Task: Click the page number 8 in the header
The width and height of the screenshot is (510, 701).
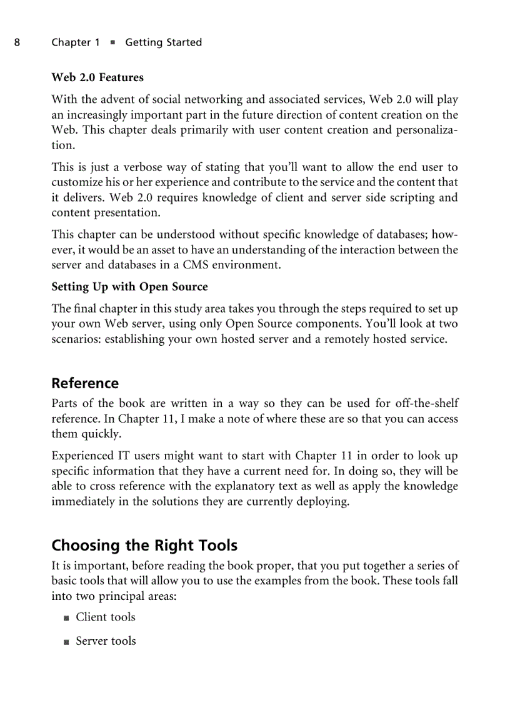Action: coord(17,42)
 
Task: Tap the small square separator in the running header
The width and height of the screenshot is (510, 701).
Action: coord(112,43)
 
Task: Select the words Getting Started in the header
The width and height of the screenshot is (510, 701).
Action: coord(163,42)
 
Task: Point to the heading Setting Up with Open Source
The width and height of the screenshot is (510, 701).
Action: coord(129,287)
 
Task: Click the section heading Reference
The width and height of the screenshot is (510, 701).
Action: coord(85,383)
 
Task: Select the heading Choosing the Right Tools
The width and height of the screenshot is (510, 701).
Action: coord(144,546)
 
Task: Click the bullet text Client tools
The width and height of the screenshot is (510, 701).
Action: coord(105,617)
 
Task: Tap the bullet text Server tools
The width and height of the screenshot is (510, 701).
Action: coord(106,641)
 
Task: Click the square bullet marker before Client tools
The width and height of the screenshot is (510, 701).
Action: coord(66,619)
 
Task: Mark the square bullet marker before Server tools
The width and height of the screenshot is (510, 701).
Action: coord(66,642)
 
